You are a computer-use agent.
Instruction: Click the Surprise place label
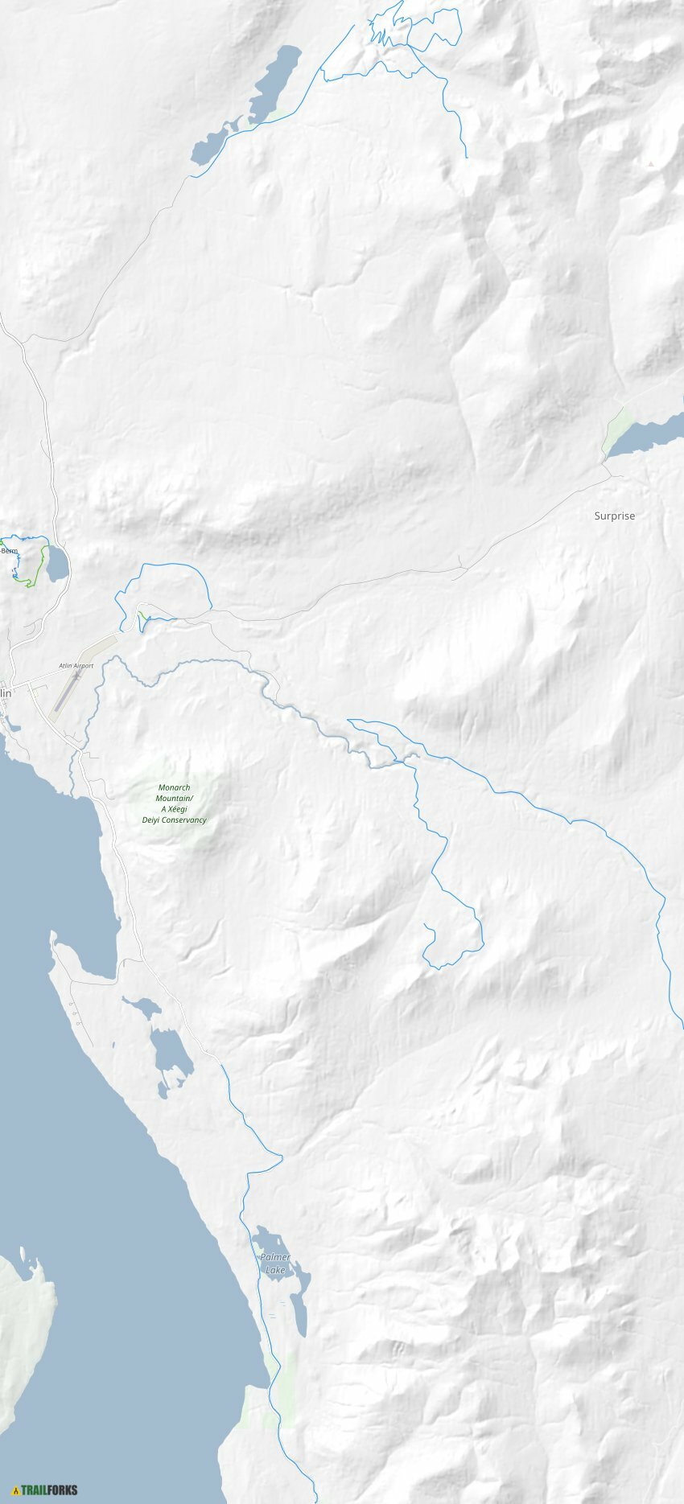coord(614,516)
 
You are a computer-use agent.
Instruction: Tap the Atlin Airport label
coord(76,666)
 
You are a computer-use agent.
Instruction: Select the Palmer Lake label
coord(274,1264)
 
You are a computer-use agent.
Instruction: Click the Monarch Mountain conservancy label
coord(175,804)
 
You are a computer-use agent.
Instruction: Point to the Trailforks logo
coord(46,1490)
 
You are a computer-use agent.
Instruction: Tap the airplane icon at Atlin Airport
coord(77,676)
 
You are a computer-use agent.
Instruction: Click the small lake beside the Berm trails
coord(56,564)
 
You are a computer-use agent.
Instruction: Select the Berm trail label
coord(10,551)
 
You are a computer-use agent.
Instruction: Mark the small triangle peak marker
coord(650,164)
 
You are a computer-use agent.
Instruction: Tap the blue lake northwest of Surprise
coord(644,435)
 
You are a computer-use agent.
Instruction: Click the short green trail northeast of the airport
coord(143,618)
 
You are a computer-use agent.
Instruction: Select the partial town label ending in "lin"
coord(6,692)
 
